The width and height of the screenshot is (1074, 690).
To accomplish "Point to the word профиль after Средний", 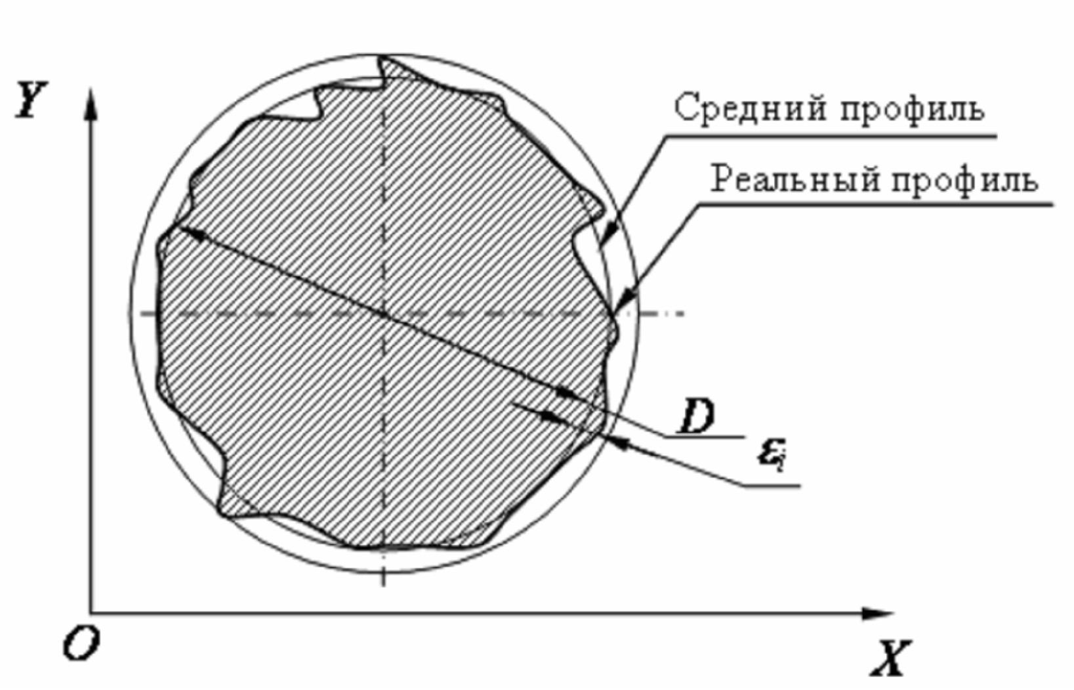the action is [913, 110].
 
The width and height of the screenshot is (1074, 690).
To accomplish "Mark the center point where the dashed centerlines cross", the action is [383, 314].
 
